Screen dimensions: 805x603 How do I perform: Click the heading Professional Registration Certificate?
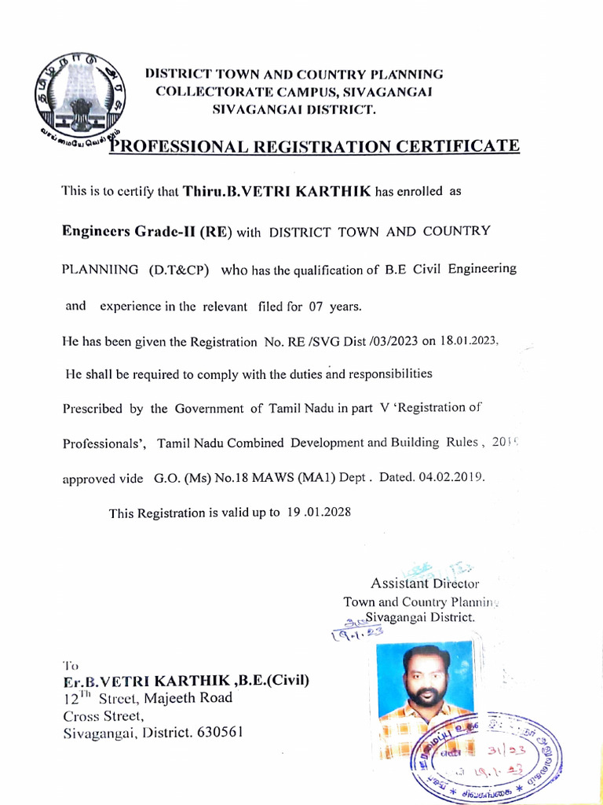click(314, 147)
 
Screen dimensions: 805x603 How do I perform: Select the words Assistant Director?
click(424, 583)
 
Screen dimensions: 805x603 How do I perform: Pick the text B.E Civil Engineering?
click(451, 269)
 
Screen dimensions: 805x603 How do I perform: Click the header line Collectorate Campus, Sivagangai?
click(294, 92)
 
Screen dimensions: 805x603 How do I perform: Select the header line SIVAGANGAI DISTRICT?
click(295, 109)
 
